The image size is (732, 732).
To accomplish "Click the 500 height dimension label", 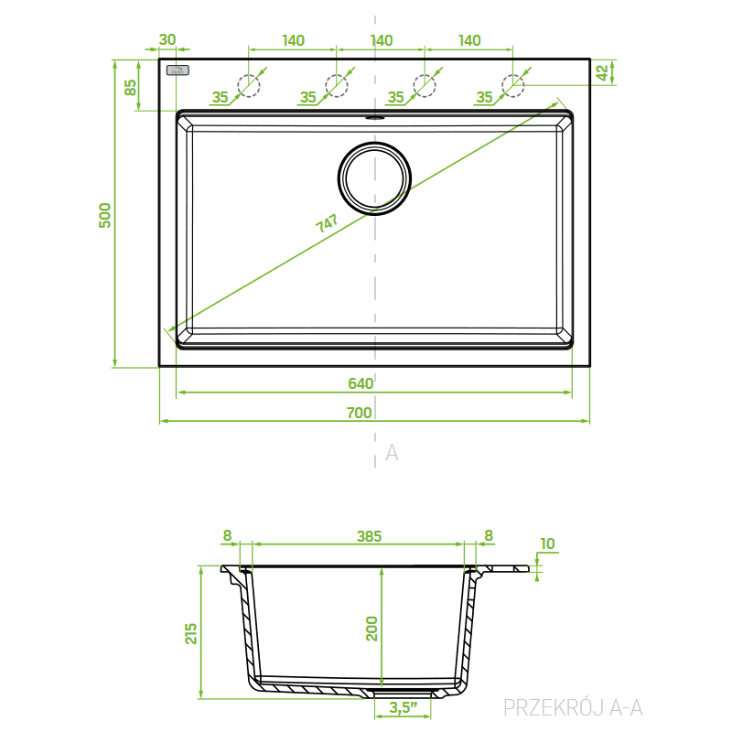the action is click(105, 215).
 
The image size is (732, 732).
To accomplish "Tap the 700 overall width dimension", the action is click(359, 413).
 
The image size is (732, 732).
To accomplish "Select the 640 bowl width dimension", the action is click(361, 383).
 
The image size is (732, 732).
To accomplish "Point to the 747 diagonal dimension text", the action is click(327, 223).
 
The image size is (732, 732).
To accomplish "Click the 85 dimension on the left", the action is click(131, 87).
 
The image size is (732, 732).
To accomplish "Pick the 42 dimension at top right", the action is click(602, 72).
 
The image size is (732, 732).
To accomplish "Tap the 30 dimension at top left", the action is click(167, 39).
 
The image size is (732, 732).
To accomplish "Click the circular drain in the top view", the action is click(374, 178).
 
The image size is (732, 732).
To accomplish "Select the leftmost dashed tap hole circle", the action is click(249, 86).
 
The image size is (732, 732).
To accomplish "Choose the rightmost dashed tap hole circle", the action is click(513, 86).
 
